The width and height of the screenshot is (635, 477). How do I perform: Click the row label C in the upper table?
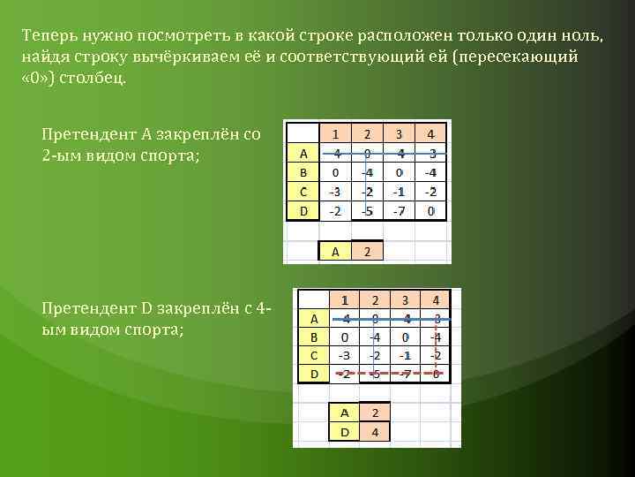[303, 192]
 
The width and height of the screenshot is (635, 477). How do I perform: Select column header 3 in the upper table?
[399, 134]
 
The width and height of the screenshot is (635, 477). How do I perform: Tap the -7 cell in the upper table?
[399, 211]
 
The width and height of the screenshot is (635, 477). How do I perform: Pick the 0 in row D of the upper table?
[430, 211]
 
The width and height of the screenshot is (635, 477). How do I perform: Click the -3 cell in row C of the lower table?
[344, 355]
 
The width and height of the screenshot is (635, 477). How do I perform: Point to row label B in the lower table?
[313, 337]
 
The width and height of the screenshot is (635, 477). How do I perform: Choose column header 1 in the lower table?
[344, 300]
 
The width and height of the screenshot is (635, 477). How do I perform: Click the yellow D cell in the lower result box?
[344, 432]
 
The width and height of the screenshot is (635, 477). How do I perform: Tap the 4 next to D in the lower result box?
[374, 432]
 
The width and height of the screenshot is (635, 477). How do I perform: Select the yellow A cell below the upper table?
[334, 252]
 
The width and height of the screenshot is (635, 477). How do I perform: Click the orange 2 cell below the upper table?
[367, 252]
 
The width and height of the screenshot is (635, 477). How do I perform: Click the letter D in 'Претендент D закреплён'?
[147, 308]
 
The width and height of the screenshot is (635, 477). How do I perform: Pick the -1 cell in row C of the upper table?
[399, 192]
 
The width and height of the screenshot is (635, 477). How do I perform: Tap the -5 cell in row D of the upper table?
[367, 211]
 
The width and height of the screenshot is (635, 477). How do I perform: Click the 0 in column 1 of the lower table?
[344, 337]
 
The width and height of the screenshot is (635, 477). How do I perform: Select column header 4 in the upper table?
[430, 134]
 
